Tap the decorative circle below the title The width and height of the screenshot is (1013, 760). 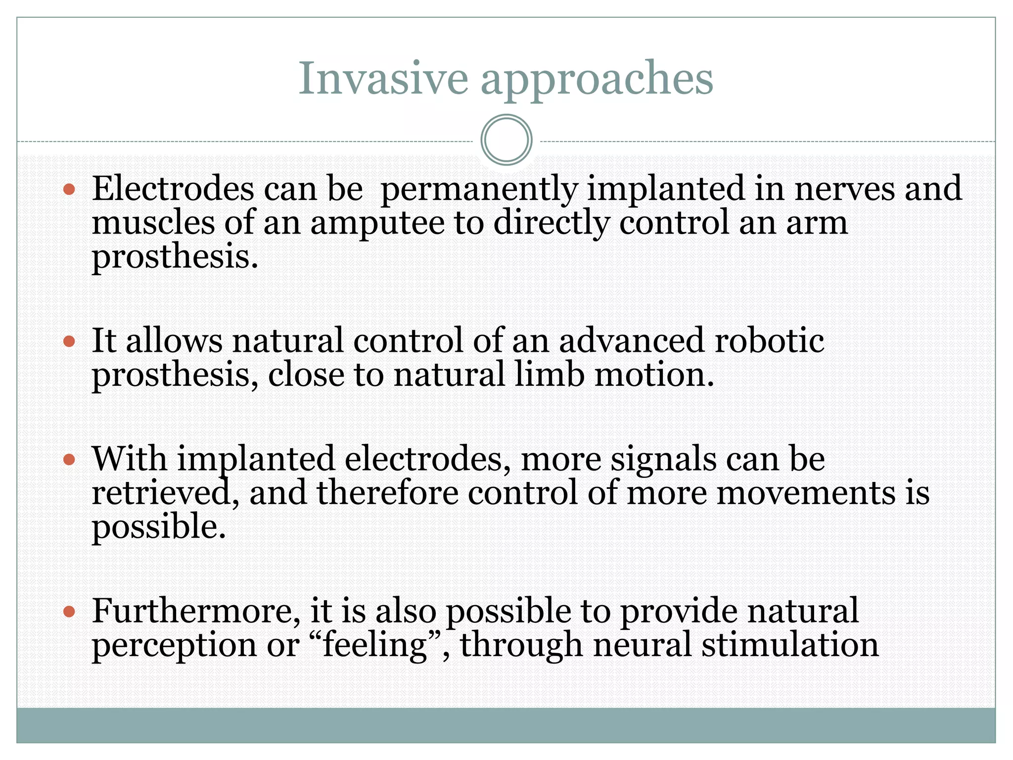click(x=506, y=140)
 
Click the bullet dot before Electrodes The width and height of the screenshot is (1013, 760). click(x=69, y=190)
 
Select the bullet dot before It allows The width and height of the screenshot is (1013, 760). click(x=69, y=341)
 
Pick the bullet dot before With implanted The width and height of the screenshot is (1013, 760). click(x=69, y=460)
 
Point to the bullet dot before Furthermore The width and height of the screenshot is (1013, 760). click(x=69, y=612)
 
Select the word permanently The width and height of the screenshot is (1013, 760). click(x=479, y=190)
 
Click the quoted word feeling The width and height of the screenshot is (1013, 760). click(x=375, y=646)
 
